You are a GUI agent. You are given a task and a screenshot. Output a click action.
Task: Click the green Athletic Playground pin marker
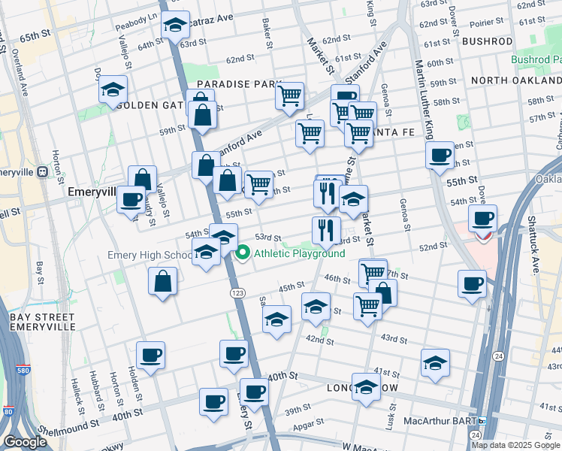tap(243, 253)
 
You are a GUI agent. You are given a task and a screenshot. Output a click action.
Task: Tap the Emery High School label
tap(150, 255)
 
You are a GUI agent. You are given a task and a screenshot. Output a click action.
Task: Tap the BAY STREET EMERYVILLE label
tap(42, 322)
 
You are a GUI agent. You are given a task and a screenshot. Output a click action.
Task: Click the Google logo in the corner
tap(25, 442)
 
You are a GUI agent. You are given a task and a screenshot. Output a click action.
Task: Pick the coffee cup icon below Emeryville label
tap(131, 200)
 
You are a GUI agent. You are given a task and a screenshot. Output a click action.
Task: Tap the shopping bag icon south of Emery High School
tap(163, 283)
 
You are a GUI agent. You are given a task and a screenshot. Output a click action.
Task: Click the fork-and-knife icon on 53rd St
tap(325, 230)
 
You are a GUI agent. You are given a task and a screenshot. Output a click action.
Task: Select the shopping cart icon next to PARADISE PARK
tap(289, 95)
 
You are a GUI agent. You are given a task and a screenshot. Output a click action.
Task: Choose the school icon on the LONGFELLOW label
tap(366, 387)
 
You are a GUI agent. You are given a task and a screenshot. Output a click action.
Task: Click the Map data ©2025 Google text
tap(515, 445)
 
